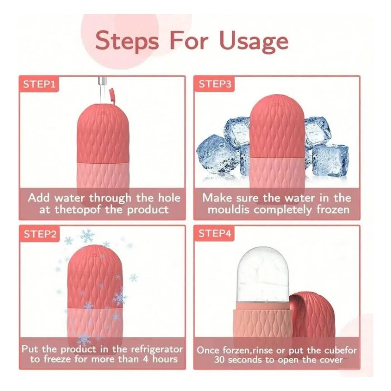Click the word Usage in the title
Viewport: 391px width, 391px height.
tap(254, 41)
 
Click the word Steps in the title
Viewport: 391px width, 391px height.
tap(127, 41)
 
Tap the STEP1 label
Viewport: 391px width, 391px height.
tap(39, 84)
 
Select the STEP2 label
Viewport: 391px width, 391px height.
tap(40, 234)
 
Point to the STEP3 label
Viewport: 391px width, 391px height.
tap(215, 84)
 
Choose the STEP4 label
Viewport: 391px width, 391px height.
tap(215, 234)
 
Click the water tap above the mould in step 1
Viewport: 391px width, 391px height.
tap(103, 85)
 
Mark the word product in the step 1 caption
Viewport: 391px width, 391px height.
tap(148, 210)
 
